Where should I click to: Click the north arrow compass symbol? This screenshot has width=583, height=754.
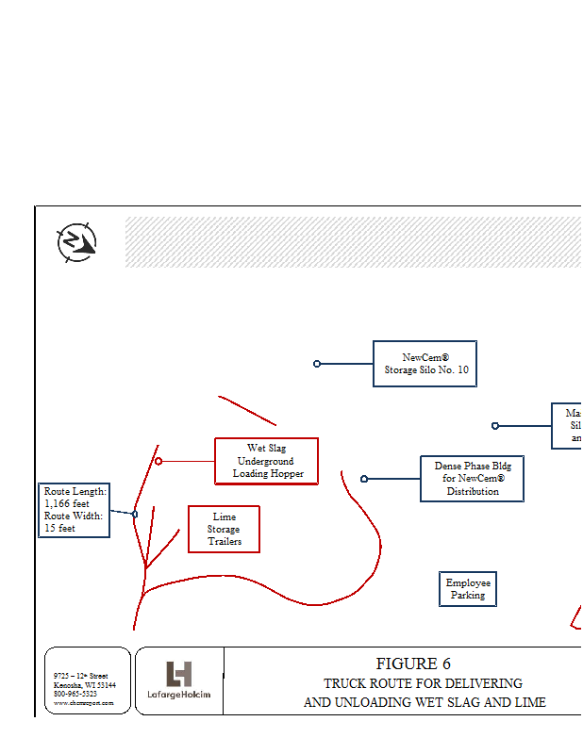click(x=76, y=242)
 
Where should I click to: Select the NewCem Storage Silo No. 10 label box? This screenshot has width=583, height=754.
click(x=425, y=364)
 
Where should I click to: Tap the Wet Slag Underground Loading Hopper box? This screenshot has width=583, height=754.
click(x=266, y=461)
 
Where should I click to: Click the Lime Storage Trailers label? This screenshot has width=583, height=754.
click(x=224, y=529)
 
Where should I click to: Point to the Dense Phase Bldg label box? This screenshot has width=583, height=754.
click(x=472, y=478)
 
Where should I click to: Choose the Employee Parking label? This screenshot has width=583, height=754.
click(x=468, y=589)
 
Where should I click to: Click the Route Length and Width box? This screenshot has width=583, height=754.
click(x=75, y=510)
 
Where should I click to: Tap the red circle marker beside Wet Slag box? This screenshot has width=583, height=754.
click(x=158, y=461)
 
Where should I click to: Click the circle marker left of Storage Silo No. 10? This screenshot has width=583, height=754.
click(x=317, y=364)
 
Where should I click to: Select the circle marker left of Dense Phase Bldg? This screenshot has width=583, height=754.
click(x=364, y=479)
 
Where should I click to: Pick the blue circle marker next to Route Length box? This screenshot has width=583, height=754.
click(x=135, y=514)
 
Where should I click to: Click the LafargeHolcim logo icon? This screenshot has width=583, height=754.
click(x=178, y=673)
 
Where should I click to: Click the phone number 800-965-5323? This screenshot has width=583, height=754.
click(x=75, y=694)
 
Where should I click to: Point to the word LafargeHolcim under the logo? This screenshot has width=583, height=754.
click(x=179, y=696)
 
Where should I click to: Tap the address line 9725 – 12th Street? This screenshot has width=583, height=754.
click(x=81, y=676)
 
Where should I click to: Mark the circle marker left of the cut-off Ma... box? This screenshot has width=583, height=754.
click(x=495, y=426)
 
